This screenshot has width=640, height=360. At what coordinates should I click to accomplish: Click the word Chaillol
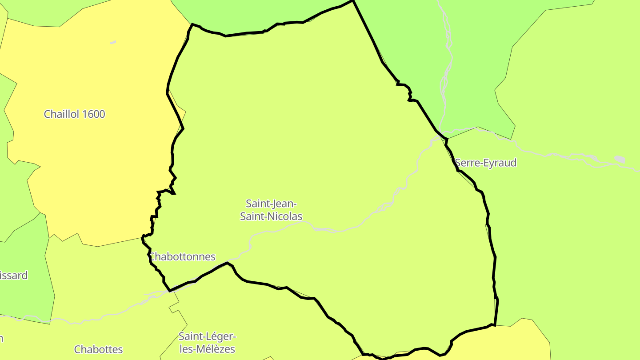[x=62, y=114]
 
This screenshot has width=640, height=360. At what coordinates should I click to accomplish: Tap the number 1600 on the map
[x=93, y=114]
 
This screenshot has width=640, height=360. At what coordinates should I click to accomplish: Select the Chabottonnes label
[x=183, y=257]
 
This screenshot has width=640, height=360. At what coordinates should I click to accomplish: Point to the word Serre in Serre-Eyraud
[x=467, y=163]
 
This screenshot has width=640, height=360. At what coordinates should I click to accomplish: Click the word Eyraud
[x=500, y=163]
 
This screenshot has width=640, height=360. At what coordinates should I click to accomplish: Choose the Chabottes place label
[x=98, y=349]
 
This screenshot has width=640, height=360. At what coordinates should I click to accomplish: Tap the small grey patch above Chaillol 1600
[x=113, y=43]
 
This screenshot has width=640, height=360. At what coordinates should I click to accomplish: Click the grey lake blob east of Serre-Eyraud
[x=620, y=159]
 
